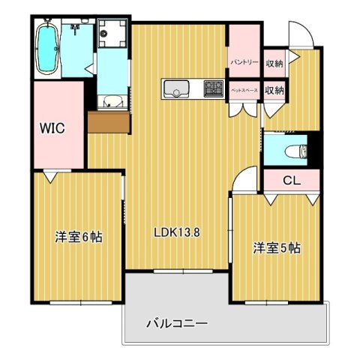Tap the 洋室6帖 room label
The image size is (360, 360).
tap(78, 237)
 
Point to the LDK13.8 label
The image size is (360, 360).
tap(177, 232)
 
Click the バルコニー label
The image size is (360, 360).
tap(176, 323)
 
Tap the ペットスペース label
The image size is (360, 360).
tap(244, 90)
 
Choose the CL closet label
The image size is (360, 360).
tap(291, 180)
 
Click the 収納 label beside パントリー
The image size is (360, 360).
tap(274, 62)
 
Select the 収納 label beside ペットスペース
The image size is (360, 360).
tap(274, 90)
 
